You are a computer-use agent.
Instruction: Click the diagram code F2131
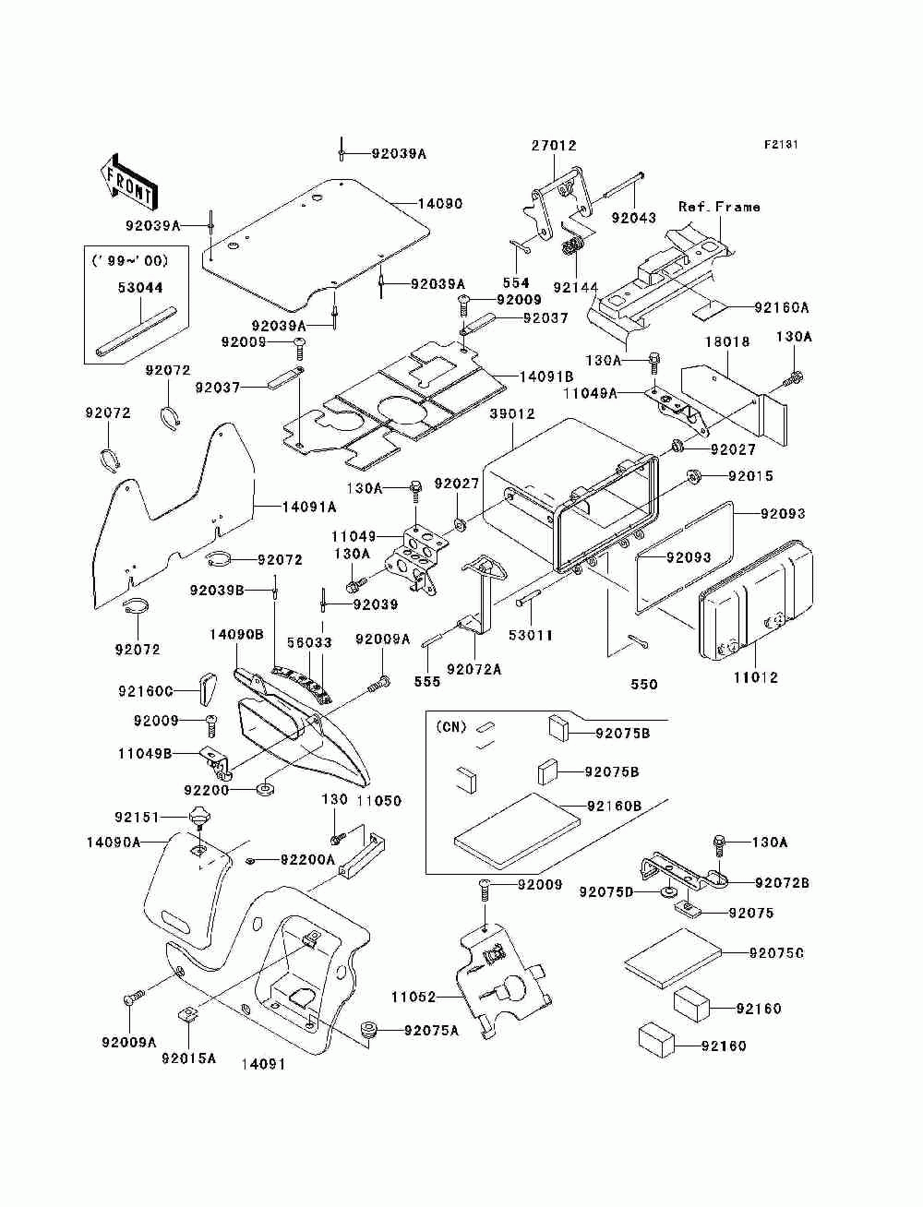tap(781, 145)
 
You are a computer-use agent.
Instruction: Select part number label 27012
tap(554, 146)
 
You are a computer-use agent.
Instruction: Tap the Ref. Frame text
tap(719, 207)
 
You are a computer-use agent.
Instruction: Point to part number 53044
tap(140, 288)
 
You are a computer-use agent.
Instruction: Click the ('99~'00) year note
tap(130, 260)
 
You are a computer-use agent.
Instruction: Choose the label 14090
tap(440, 203)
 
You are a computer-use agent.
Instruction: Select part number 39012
tap(512, 413)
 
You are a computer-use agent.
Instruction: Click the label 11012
tap(756, 677)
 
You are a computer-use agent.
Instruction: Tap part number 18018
tap(727, 341)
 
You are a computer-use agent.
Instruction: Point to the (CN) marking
tap(451, 727)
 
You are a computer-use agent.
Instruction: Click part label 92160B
tap(615, 807)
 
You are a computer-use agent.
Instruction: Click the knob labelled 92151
tap(199, 818)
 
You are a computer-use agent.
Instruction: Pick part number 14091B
tap(546, 376)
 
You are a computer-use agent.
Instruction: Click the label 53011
tap(530, 635)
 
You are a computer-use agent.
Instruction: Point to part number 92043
tap(634, 218)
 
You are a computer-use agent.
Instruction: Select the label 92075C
tap(776, 953)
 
